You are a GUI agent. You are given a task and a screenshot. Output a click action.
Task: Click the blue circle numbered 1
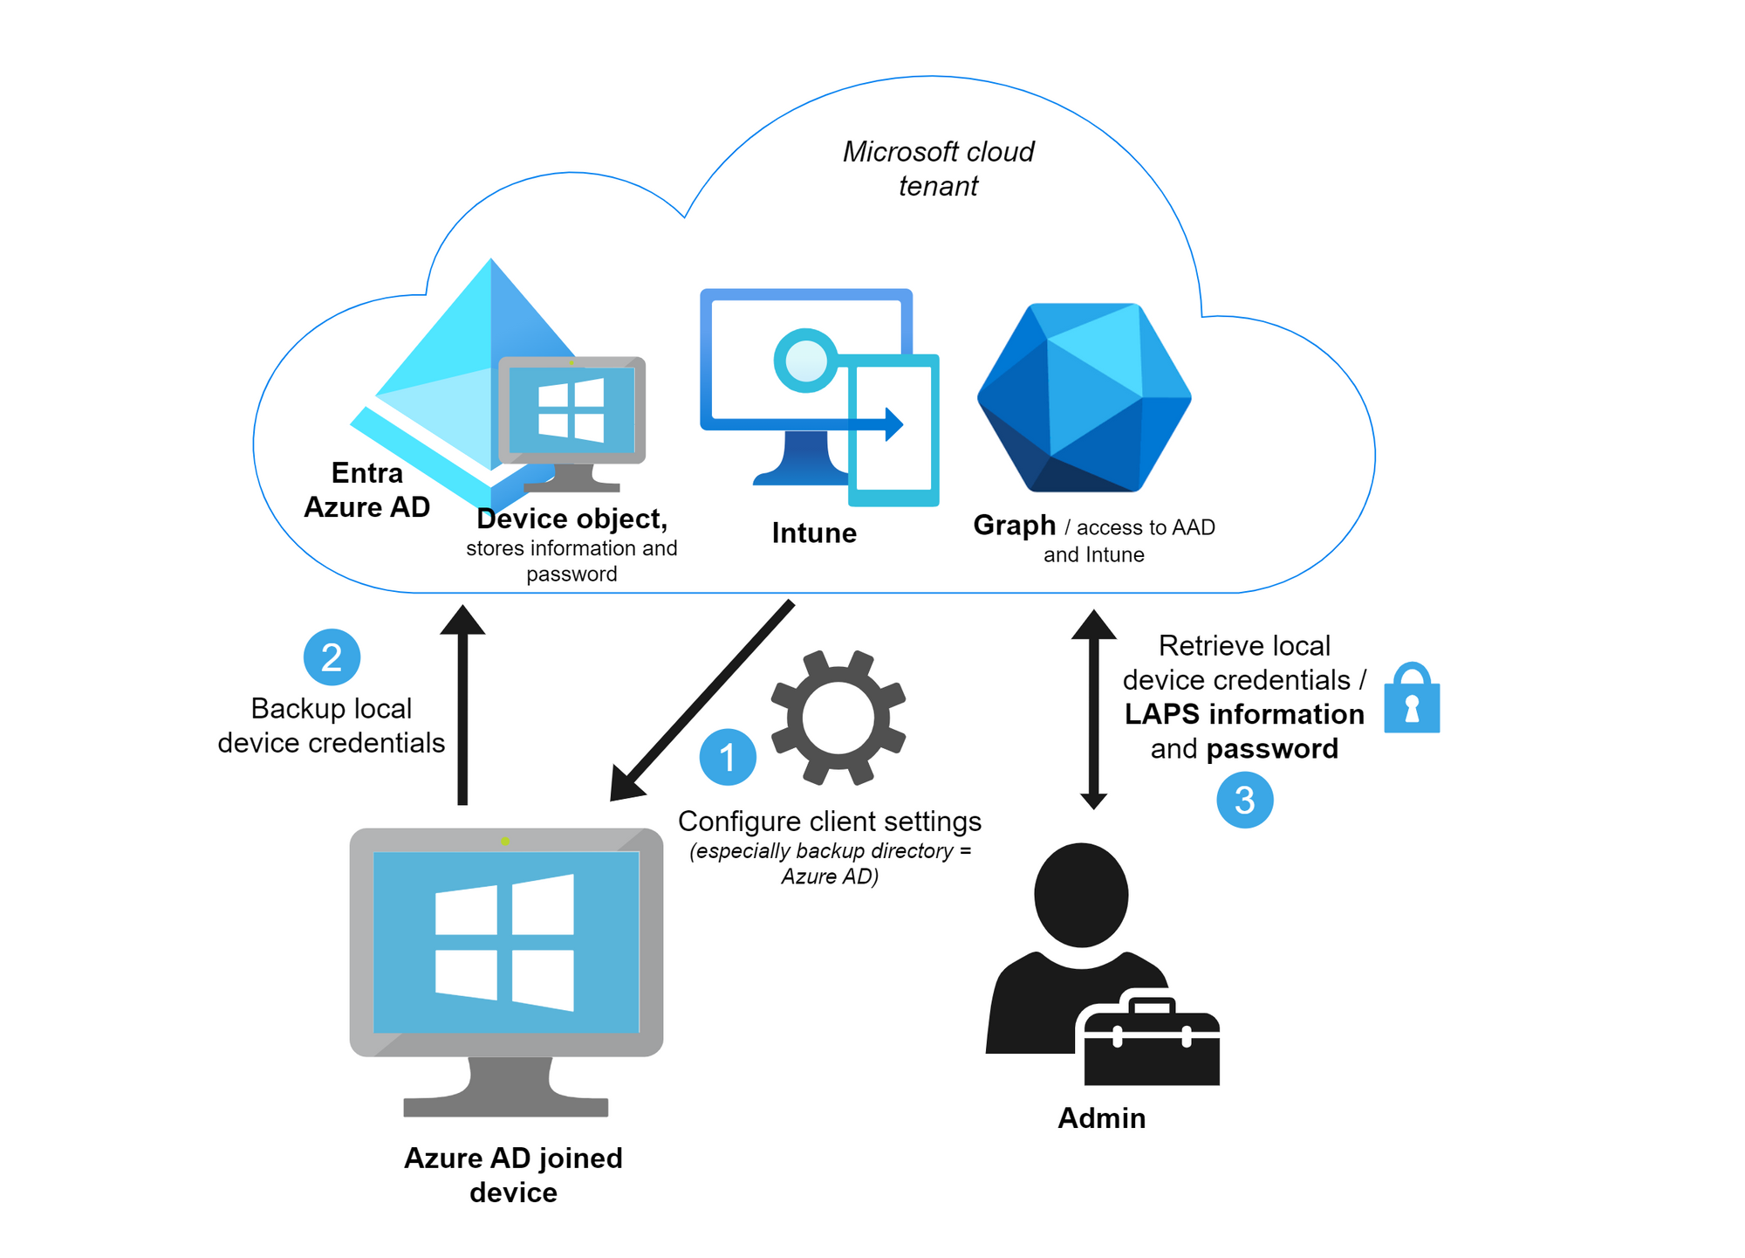point(728,757)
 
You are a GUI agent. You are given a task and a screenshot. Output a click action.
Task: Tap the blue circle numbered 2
point(332,657)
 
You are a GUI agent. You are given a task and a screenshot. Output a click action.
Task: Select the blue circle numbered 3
point(1244,800)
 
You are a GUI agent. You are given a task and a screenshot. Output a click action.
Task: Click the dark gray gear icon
point(838,717)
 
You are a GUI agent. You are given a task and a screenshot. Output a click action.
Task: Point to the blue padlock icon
point(1412,698)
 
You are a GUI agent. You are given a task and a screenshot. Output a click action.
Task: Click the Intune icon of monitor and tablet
point(819,397)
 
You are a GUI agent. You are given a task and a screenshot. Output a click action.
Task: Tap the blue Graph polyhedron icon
point(1085,397)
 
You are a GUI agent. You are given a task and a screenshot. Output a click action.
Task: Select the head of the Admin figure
point(1081,894)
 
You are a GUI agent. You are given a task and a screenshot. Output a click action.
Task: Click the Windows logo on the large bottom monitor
point(504,942)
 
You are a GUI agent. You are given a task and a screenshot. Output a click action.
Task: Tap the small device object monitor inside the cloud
point(571,423)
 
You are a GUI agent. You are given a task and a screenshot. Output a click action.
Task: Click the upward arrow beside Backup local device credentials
point(462,705)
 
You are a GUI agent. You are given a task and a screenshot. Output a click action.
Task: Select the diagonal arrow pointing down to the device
point(701,700)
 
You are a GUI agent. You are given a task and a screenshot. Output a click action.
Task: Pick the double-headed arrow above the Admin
point(1093,710)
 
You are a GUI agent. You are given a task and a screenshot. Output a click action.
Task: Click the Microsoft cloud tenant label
point(938,168)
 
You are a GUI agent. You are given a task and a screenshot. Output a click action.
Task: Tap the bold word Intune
point(814,533)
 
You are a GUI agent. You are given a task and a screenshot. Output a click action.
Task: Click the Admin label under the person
point(1101,1117)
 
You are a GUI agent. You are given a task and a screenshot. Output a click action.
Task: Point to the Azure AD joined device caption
point(513,1175)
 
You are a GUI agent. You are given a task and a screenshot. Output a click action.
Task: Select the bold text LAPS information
point(1244,714)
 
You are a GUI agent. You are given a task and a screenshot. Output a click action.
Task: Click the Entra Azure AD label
point(366,490)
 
